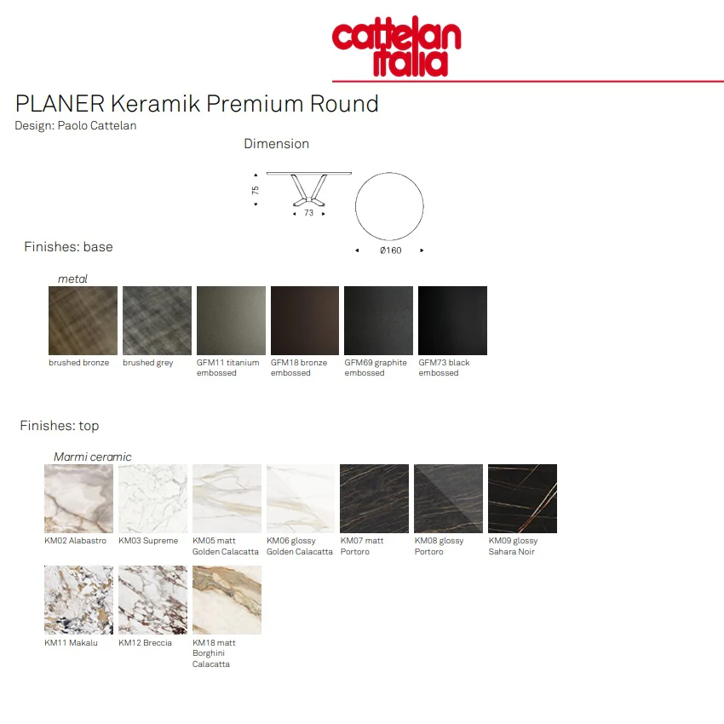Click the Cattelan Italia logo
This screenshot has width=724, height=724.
coord(397,48)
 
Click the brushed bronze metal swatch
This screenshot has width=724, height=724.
coord(83,320)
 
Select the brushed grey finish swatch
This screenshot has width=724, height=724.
coord(158,320)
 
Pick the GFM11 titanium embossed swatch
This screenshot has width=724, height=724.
coord(231,320)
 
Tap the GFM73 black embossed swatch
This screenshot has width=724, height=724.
coord(453,320)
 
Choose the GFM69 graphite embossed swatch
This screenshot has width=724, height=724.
coord(379,320)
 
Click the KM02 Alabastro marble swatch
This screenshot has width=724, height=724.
coord(78,498)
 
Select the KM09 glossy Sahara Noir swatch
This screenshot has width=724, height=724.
coord(522,498)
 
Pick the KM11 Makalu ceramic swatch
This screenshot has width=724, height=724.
coord(78,600)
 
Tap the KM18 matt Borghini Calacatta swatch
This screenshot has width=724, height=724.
coord(227,600)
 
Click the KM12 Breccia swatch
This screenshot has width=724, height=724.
coord(152,600)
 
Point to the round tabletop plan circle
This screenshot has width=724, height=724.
coord(389,206)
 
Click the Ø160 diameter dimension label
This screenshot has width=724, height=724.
coord(390,250)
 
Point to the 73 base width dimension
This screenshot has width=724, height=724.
coord(308,213)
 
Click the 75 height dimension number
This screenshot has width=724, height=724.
coord(255,190)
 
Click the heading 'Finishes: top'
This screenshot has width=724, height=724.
coord(60,426)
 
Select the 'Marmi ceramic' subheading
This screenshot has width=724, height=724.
coord(93,457)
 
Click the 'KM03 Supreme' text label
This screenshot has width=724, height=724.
coord(148,541)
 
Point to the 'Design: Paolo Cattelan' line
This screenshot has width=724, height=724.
coord(76,125)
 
